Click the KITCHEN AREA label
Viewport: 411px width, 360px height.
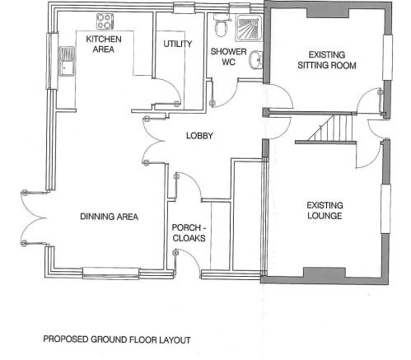point(104,44)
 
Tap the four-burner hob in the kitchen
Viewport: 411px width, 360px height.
point(105,21)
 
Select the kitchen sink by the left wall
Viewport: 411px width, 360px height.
point(68,61)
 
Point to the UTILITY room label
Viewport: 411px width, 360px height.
point(178,44)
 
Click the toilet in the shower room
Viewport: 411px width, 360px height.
point(222,26)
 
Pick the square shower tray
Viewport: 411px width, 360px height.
point(250,28)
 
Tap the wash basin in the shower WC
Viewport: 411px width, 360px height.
point(256,60)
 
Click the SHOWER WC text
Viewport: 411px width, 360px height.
point(228,57)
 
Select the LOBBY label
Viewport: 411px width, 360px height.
point(199,136)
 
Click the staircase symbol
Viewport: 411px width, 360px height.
point(331,128)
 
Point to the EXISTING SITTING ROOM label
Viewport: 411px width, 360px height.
point(327,60)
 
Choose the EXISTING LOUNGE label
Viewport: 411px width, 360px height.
point(325,210)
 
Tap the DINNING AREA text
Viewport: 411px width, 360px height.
point(109,217)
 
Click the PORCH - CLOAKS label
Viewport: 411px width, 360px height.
point(189,233)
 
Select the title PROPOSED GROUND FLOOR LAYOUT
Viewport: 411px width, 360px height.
point(117,339)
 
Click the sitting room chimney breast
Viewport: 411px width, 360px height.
point(328,13)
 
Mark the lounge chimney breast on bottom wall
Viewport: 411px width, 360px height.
point(325,273)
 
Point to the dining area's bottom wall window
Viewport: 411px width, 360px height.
point(111,274)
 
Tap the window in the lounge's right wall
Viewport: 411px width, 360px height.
point(386,208)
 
